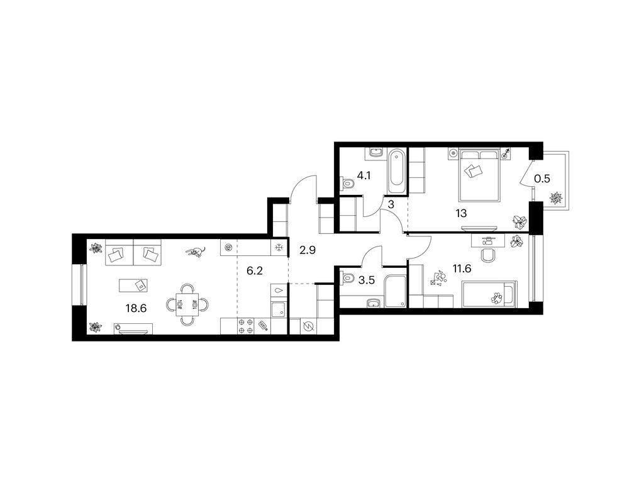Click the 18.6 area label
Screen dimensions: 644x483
tap(136, 308)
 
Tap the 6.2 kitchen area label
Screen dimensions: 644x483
tap(254, 271)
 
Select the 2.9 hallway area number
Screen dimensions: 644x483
tap(307, 250)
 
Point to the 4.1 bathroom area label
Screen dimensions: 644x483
tap(364, 176)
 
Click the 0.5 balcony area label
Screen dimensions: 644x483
tap(541, 179)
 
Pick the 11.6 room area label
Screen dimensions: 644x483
tap(462, 269)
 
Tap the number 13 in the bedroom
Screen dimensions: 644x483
tap(461, 214)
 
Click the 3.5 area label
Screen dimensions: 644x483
tap(367, 280)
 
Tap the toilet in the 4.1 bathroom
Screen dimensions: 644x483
tap(347, 183)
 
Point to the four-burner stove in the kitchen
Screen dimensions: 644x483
tap(246, 326)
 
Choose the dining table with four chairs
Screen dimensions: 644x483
tap(187, 305)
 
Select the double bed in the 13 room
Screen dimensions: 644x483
tap(480, 175)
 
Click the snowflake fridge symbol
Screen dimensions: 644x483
tap(279, 248)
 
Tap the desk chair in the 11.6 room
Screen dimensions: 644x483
tap(488, 255)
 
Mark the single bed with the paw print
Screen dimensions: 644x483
tap(489, 294)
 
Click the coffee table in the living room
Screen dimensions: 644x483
tap(133, 285)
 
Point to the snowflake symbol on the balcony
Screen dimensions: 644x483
tap(556, 198)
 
